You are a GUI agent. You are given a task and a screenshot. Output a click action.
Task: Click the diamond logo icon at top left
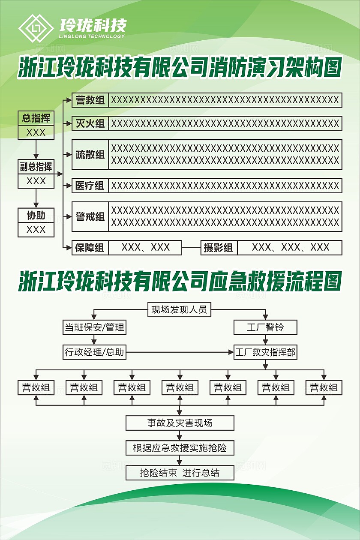[36, 28]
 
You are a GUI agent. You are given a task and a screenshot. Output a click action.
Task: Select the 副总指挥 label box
[36, 167]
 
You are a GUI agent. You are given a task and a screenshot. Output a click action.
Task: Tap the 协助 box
[36, 216]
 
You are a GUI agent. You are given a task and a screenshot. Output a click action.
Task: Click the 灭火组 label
[90, 123]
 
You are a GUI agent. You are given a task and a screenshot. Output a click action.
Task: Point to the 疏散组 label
[90, 154]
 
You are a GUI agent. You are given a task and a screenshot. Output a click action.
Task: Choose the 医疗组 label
[90, 186]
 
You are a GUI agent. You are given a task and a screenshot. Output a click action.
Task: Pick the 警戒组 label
[90, 216]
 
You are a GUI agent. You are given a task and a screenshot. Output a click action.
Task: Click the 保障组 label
[90, 248]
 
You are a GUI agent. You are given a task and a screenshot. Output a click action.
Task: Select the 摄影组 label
[219, 248]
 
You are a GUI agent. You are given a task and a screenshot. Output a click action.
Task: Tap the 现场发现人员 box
[180, 309]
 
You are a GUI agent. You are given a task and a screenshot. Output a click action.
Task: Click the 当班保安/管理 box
[94, 328]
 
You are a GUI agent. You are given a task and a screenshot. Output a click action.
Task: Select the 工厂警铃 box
[265, 328]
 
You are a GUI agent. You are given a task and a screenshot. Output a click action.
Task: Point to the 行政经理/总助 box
[94, 352]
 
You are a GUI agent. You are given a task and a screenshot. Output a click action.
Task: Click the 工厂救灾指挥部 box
[265, 352]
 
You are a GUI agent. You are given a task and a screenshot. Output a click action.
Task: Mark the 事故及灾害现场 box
[180, 423]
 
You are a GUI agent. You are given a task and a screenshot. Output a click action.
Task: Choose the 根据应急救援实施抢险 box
[180, 448]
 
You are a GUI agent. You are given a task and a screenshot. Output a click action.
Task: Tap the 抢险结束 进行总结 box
[180, 473]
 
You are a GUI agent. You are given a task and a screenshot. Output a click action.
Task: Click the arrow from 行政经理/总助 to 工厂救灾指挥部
[180, 352]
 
